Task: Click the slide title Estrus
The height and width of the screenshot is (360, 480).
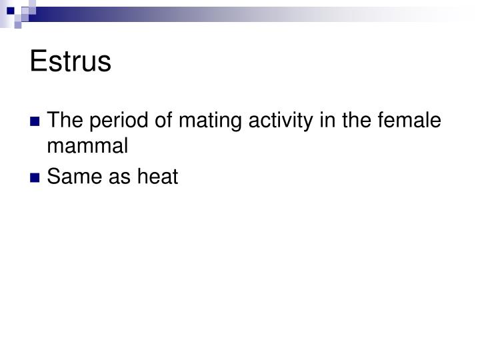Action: tap(70, 62)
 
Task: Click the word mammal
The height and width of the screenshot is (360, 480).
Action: tap(88, 147)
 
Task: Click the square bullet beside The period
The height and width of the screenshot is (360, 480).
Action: tap(35, 122)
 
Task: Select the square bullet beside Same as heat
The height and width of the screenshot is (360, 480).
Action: tap(35, 179)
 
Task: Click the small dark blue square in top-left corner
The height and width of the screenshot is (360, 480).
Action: tap(11, 10)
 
